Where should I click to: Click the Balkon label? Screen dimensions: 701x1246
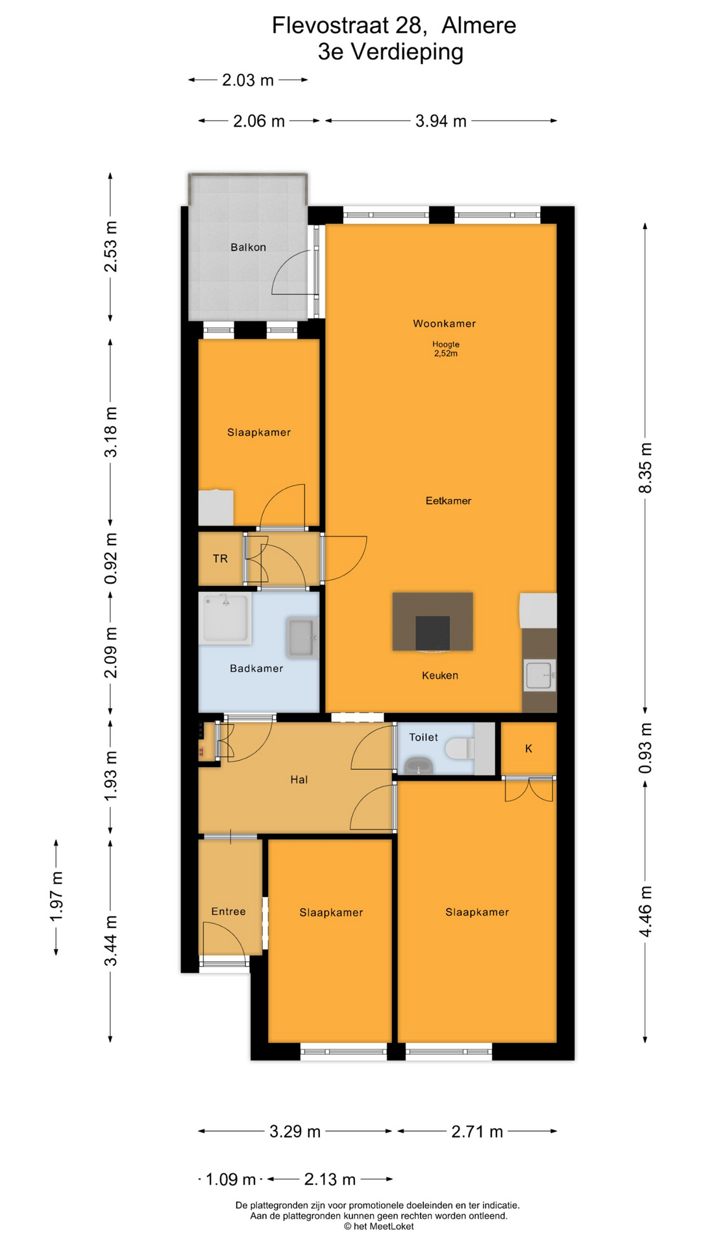pyautogui.click(x=248, y=247)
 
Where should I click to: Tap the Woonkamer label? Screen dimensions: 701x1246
pyautogui.click(x=445, y=324)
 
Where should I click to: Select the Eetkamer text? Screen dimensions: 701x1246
pyautogui.click(x=449, y=501)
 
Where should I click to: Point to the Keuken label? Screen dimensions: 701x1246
pyautogui.click(x=440, y=676)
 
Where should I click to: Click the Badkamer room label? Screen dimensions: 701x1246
pyautogui.click(x=256, y=668)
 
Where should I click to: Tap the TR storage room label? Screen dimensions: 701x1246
pyautogui.click(x=220, y=559)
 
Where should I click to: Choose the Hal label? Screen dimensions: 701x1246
pyautogui.click(x=299, y=780)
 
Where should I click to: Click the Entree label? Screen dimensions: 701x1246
pyautogui.click(x=228, y=912)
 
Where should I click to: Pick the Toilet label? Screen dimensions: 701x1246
pyautogui.click(x=423, y=737)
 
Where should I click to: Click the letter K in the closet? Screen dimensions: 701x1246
pyautogui.click(x=529, y=749)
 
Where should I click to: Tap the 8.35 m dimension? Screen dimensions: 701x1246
pyautogui.click(x=645, y=468)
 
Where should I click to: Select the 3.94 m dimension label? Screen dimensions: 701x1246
pyautogui.click(x=441, y=121)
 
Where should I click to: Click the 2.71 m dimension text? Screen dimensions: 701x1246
pyautogui.click(x=477, y=1132)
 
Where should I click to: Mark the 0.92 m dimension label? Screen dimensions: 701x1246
pyautogui.click(x=111, y=559)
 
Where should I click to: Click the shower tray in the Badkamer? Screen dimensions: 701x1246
pyautogui.click(x=225, y=618)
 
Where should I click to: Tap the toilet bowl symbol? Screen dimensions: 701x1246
pyautogui.click(x=460, y=748)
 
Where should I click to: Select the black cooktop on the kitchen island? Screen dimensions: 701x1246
pyautogui.click(x=432, y=633)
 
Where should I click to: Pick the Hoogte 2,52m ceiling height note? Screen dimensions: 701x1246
pyautogui.click(x=446, y=349)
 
